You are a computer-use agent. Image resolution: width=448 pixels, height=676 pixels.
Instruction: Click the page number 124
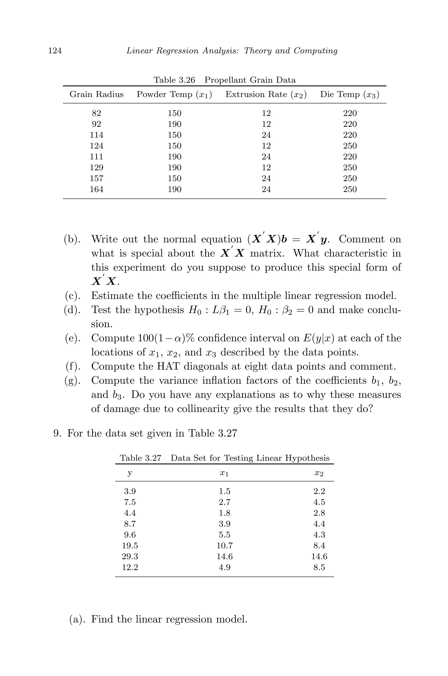pyautogui.click(x=55, y=51)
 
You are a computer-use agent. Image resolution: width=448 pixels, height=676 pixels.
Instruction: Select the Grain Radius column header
pyautogui.click(x=96, y=94)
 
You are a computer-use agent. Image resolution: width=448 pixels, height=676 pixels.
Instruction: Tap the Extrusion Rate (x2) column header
pyautogui.click(x=266, y=94)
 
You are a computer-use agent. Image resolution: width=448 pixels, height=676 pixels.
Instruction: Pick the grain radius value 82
pyautogui.click(x=96, y=113)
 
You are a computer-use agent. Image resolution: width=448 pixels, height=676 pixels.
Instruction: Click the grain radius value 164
pyautogui.click(x=96, y=189)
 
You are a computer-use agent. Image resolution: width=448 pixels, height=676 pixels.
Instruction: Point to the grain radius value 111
pyautogui.click(x=96, y=157)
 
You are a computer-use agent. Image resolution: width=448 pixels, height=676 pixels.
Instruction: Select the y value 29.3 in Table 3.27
pyautogui.click(x=130, y=557)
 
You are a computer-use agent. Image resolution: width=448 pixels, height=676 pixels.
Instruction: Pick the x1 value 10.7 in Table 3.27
pyautogui.click(x=225, y=546)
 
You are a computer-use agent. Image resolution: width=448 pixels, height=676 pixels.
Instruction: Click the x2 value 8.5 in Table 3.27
pyautogui.click(x=319, y=567)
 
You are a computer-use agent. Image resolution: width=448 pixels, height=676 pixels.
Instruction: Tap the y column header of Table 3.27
pyautogui.click(x=130, y=473)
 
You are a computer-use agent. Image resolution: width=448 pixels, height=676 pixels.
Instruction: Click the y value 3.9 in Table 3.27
pyautogui.click(x=130, y=491)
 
